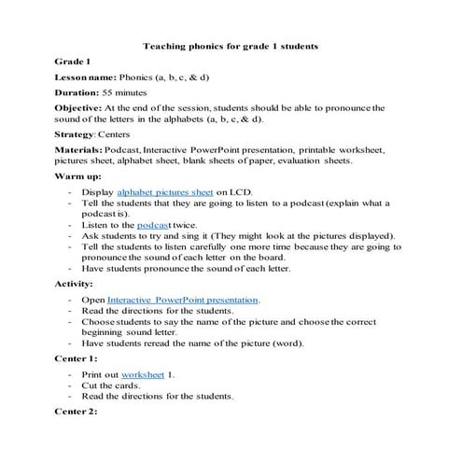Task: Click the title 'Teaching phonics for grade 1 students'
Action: (231, 44)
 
